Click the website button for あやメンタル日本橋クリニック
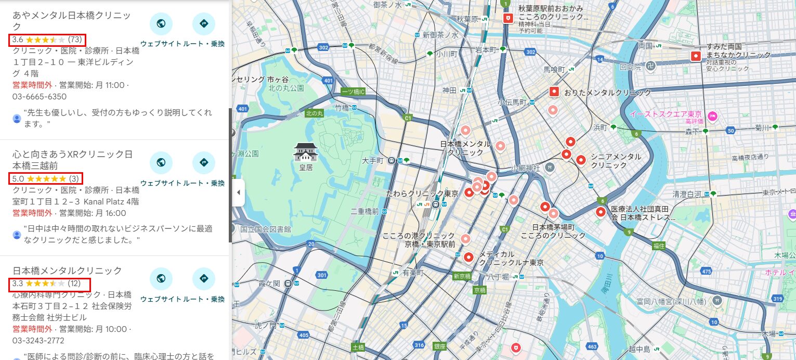[x=161, y=23]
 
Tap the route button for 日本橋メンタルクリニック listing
[x=203, y=279]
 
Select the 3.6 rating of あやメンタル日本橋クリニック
[x=47, y=40]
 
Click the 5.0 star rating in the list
[x=47, y=179]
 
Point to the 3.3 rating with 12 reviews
[x=50, y=284]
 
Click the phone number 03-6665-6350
[x=40, y=97]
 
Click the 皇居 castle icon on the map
[x=305, y=151]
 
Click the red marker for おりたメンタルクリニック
[x=554, y=92]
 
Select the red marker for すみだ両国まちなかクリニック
[x=696, y=56]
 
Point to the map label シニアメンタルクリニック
[x=616, y=161]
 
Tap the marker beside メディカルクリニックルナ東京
[x=468, y=256]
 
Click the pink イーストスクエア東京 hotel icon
[x=713, y=114]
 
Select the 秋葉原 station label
[x=467, y=19]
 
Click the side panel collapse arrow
[x=238, y=192]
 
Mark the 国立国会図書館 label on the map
[x=265, y=229]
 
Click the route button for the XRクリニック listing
[x=203, y=163]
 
